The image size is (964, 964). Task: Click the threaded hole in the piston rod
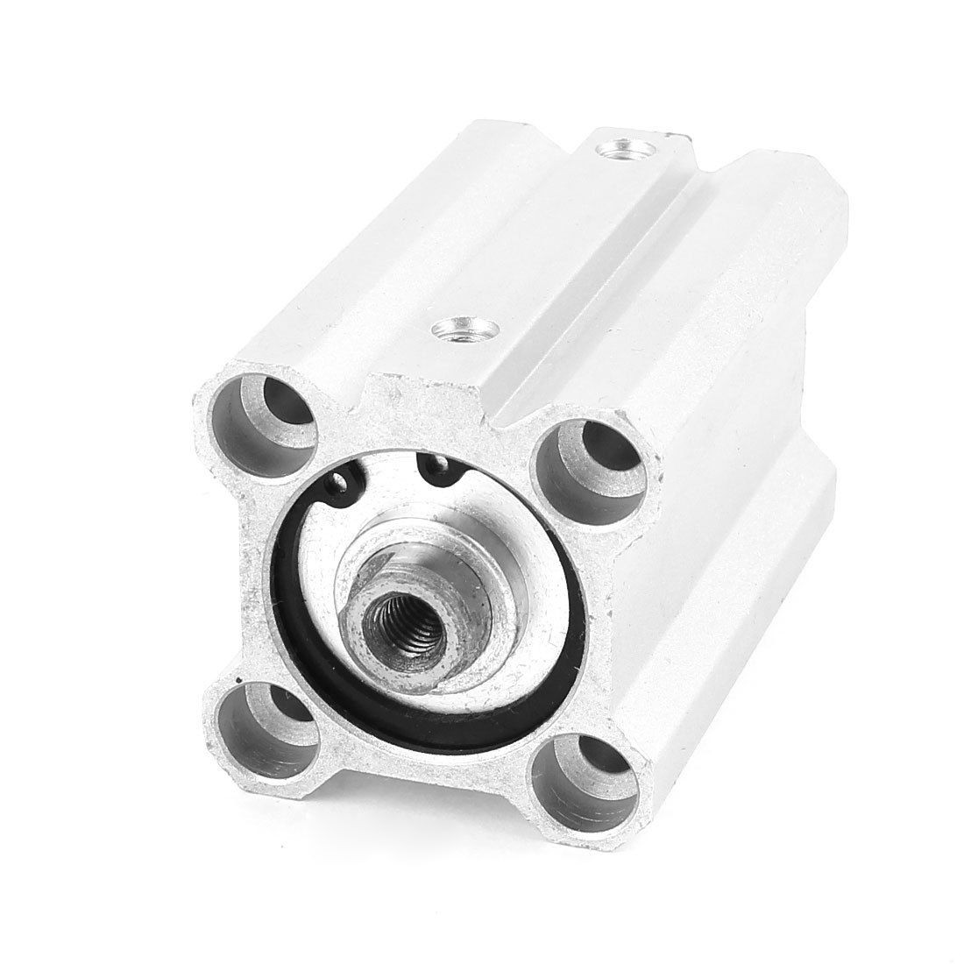390,620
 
